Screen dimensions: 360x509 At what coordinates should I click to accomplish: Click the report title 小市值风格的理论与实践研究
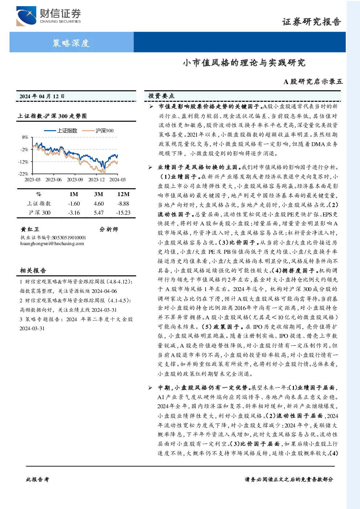coord(244,62)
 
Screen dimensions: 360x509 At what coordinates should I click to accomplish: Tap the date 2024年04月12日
coord(42,96)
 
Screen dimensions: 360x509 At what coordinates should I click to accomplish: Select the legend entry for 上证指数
coord(61,131)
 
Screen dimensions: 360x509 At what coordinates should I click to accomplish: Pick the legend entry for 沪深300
coord(98,131)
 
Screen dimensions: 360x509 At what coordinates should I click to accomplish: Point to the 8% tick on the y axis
coord(25,137)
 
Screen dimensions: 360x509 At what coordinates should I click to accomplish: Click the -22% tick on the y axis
coord(24,174)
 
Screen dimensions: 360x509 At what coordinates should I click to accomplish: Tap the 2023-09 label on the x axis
coord(75,179)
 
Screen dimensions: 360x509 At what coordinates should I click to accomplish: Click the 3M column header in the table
coord(99,194)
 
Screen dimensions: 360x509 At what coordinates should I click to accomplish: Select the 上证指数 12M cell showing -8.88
coord(123,204)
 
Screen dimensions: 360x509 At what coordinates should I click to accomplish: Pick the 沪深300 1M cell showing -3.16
coord(74,213)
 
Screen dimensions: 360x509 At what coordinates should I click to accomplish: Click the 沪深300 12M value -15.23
coord(123,213)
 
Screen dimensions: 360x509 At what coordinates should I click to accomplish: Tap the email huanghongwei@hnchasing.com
coord(52,244)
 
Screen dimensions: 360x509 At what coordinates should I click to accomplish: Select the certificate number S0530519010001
coord(69,238)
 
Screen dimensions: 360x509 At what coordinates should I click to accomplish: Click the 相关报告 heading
coord(33,270)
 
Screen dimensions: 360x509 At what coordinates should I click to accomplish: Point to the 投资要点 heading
coord(161,96)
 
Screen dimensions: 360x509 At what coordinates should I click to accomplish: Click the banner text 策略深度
coord(71,43)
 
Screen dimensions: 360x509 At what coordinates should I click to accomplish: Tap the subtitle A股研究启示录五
coord(313,82)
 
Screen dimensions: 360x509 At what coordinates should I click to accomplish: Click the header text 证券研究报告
coord(311,22)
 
